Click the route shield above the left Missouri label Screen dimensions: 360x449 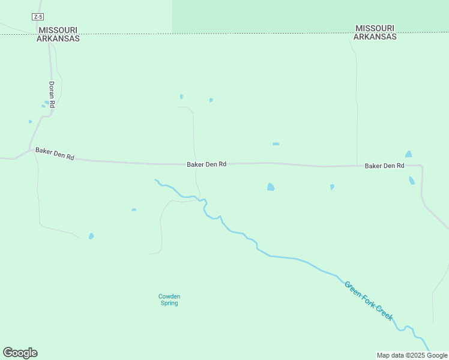(38, 17)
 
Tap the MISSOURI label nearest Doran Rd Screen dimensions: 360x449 (58, 29)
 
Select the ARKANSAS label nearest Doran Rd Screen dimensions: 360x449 (58, 38)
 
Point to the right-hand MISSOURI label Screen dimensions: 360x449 (375, 28)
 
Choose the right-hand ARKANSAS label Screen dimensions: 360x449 (375, 37)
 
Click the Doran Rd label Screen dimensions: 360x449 (52, 94)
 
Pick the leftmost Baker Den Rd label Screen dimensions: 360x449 (55, 154)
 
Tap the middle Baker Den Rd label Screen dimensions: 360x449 (206, 164)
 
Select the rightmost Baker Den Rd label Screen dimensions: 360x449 (385, 166)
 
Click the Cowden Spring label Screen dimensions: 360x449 (169, 299)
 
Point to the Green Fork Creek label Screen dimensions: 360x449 (369, 300)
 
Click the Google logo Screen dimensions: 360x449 (20, 353)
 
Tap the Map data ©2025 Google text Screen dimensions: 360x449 (412, 355)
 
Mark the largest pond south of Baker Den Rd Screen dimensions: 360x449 (271, 187)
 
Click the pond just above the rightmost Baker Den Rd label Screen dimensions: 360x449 (409, 154)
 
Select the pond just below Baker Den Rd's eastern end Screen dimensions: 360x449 (412, 181)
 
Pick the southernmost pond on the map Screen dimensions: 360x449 (91, 236)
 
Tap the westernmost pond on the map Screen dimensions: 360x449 (30, 122)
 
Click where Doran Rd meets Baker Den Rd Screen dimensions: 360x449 (30, 148)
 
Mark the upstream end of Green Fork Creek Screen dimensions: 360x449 (155, 180)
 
